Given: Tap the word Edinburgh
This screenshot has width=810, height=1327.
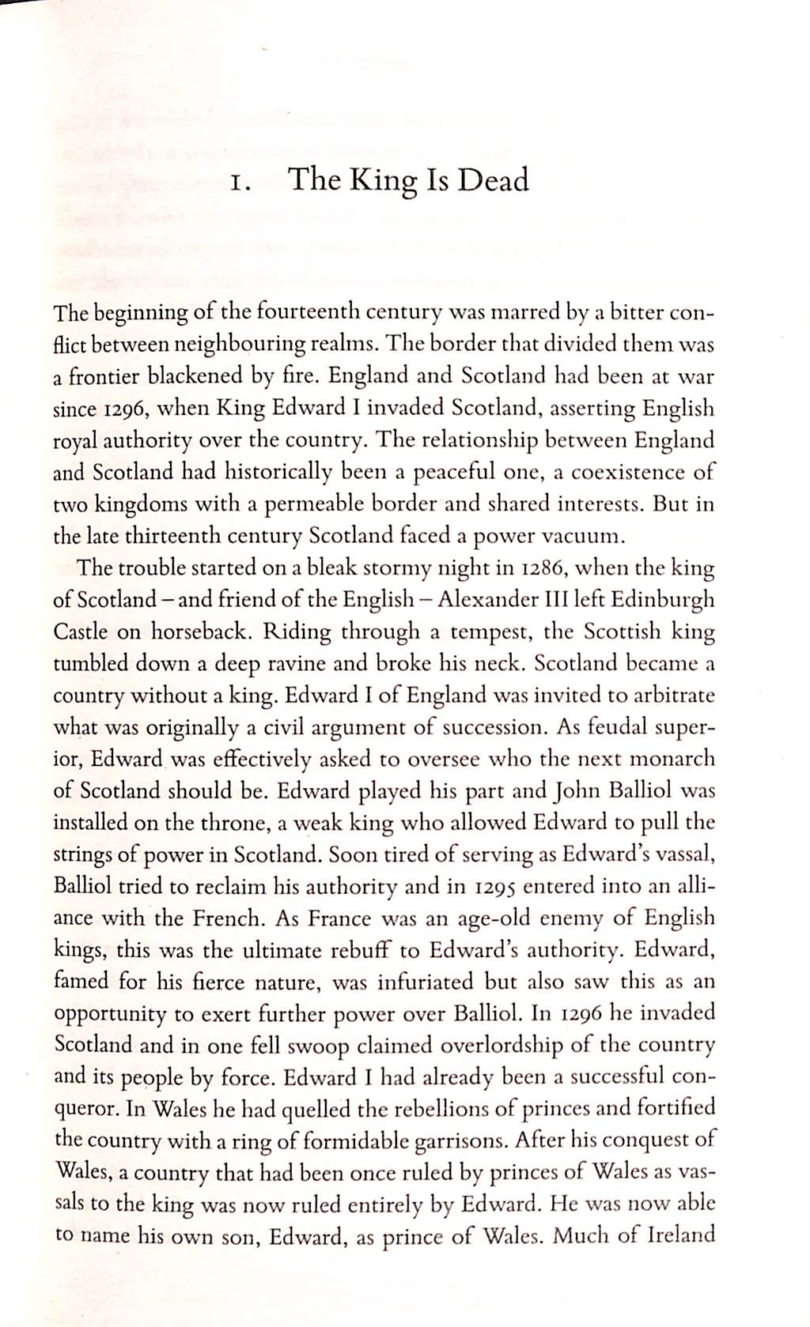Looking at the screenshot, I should pos(667,599).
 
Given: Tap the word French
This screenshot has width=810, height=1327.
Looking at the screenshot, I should pos(228,918).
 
